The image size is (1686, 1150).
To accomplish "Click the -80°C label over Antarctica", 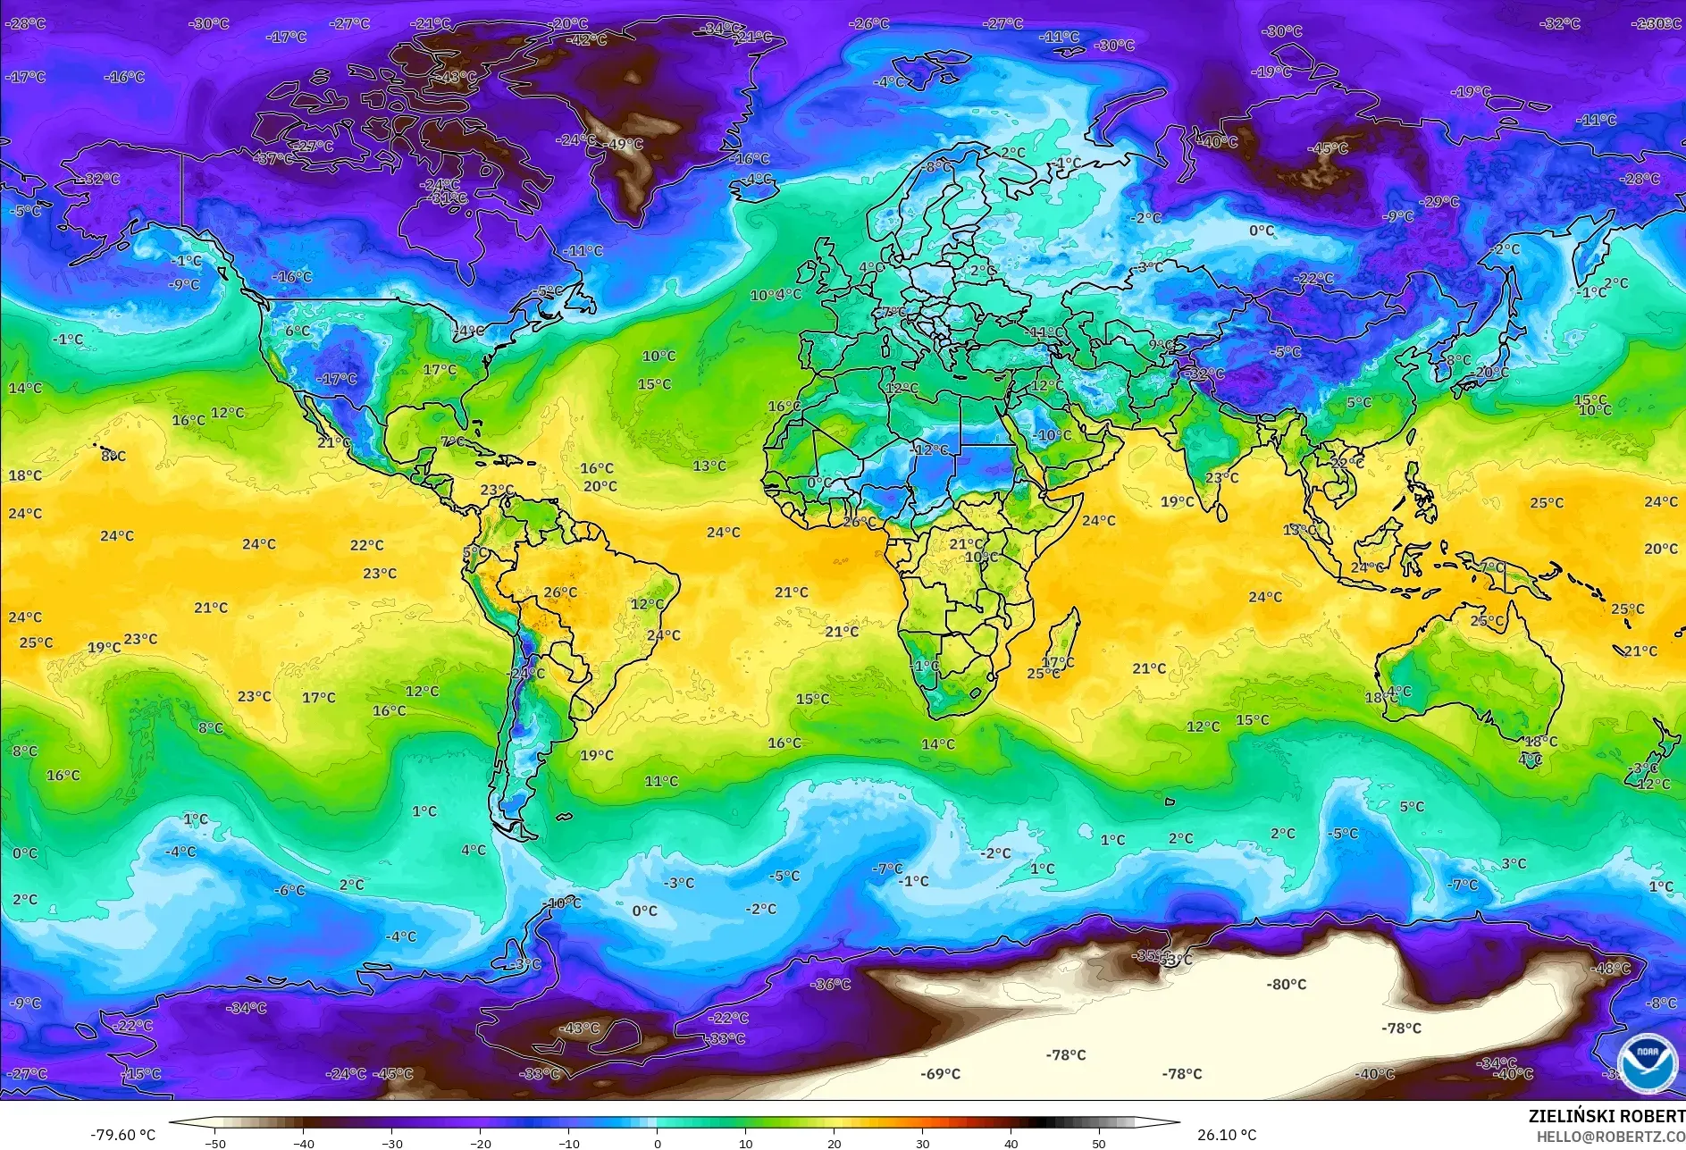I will pos(1286,984).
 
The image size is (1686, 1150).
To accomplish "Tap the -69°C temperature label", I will pos(940,1073).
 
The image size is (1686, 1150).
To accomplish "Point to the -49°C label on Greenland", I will pos(625,144).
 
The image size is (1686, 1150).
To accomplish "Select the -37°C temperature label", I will pos(274,158).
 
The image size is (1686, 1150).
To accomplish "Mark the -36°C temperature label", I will pos(830,984).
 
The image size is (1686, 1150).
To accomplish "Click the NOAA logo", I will pos(1647,1062).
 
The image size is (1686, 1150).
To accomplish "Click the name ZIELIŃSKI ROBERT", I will pos(1606,1116).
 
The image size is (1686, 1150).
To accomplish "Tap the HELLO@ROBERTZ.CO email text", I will pos(1610,1136).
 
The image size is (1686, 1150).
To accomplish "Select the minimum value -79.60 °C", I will pos(122,1135).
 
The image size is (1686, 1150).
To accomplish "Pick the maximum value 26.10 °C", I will pos(1226,1135).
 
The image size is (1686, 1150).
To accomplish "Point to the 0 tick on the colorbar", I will pos(658,1143).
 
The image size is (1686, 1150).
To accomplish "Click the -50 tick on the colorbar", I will pos(214,1143).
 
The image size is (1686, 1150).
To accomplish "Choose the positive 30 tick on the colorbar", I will pos(922,1143).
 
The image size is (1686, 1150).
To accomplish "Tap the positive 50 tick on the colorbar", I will pos(1099,1143).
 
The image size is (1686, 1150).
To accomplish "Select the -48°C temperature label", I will pos(1610,968).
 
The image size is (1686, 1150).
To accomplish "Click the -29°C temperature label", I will pos(1439,201).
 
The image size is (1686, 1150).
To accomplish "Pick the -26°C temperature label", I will pos(869,23).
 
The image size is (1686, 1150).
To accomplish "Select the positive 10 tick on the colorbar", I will pos(746,1143).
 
